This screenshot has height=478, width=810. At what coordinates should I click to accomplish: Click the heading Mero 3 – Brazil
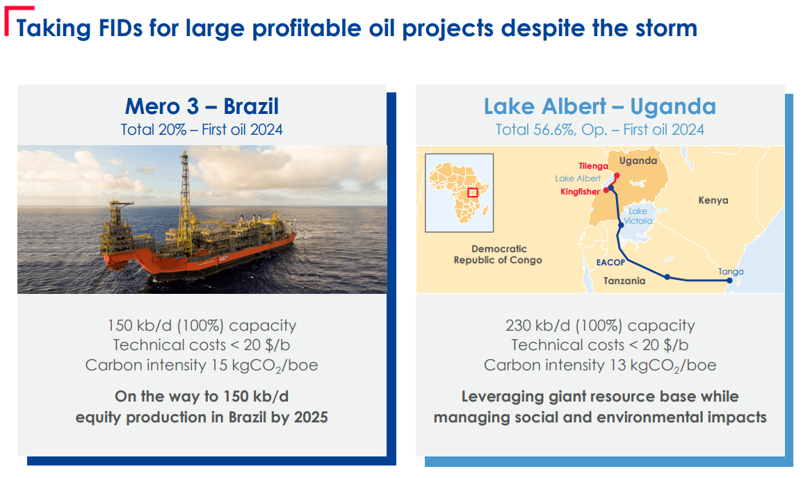click(202, 106)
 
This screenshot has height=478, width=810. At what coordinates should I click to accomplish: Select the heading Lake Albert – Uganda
click(599, 106)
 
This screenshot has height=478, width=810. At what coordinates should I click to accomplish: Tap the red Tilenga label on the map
click(592, 165)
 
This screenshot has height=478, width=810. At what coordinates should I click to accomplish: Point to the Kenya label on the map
click(713, 200)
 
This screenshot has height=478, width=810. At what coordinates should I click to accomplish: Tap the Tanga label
click(730, 272)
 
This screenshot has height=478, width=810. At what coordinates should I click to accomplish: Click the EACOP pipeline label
click(610, 263)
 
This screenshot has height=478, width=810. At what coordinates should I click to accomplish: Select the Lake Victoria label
click(638, 215)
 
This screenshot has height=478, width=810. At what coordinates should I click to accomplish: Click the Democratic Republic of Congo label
click(498, 254)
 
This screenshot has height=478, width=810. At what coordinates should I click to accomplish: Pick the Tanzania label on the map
click(624, 281)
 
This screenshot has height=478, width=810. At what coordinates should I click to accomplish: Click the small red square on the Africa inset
click(473, 192)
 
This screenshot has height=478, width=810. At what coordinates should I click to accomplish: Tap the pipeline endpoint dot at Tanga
click(729, 281)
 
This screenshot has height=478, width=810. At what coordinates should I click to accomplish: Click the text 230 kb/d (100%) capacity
click(599, 325)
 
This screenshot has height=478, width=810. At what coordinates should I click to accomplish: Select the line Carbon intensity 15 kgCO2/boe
click(202, 365)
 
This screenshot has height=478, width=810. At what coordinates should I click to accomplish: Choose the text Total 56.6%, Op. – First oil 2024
click(599, 130)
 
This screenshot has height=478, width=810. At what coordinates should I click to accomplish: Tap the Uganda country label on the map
click(638, 160)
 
